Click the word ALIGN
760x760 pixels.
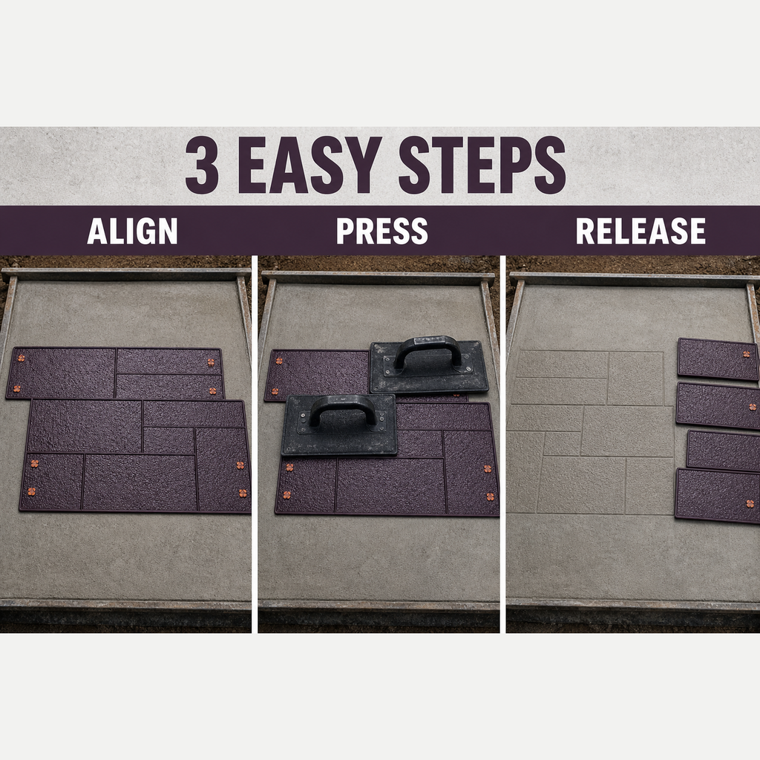(x=132, y=232)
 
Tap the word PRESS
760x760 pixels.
(x=382, y=232)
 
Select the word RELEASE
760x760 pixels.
(x=641, y=232)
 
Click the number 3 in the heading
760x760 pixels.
(x=203, y=165)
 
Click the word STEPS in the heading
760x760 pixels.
(x=482, y=165)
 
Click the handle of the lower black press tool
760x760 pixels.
(x=341, y=410)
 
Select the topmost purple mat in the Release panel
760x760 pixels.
(x=718, y=358)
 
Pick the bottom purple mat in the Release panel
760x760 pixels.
(x=718, y=495)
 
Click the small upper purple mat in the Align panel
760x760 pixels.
(x=115, y=373)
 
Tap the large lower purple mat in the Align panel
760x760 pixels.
(x=136, y=456)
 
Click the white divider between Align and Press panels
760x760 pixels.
(x=255, y=444)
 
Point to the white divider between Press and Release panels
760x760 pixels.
(x=502, y=444)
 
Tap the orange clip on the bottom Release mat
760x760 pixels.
(x=750, y=504)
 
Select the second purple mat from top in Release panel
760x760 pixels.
(x=718, y=406)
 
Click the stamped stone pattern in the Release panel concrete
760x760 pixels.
(x=592, y=431)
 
